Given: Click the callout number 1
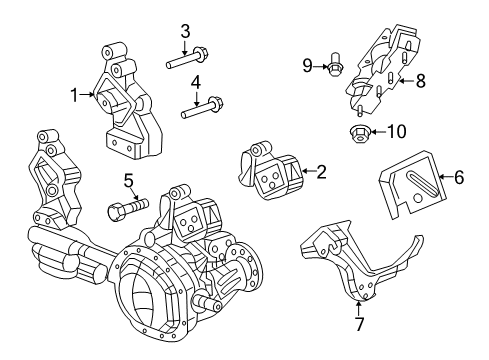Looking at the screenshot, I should point(74,95).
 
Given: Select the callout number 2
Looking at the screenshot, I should point(321,173).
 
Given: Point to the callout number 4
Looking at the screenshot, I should point(197,82).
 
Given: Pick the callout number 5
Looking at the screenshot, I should point(128,180).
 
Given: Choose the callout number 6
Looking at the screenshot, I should point(459,178).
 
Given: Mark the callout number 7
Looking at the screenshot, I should point(358,323).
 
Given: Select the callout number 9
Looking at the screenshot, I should point(308,67).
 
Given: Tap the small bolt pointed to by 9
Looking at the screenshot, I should point(335,69).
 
